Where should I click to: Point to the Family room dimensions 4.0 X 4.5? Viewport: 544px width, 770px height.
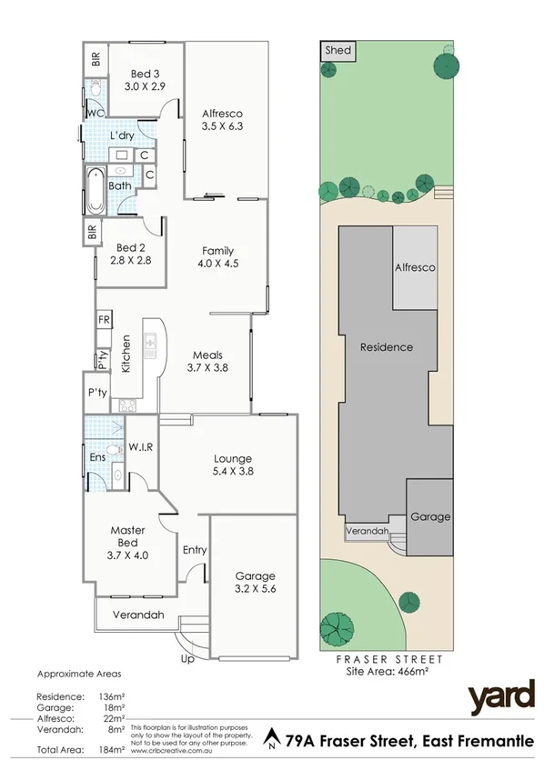click(x=218, y=265)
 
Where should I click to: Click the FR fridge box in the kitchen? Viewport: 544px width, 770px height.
click(x=104, y=320)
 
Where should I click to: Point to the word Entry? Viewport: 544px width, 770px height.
click(x=195, y=550)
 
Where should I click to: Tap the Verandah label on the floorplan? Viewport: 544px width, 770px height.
click(x=138, y=615)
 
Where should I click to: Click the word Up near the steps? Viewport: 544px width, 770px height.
click(x=188, y=658)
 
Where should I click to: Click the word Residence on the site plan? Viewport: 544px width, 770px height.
click(x=386, y=346)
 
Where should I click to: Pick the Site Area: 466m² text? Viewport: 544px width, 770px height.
click(x=386, y=671)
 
